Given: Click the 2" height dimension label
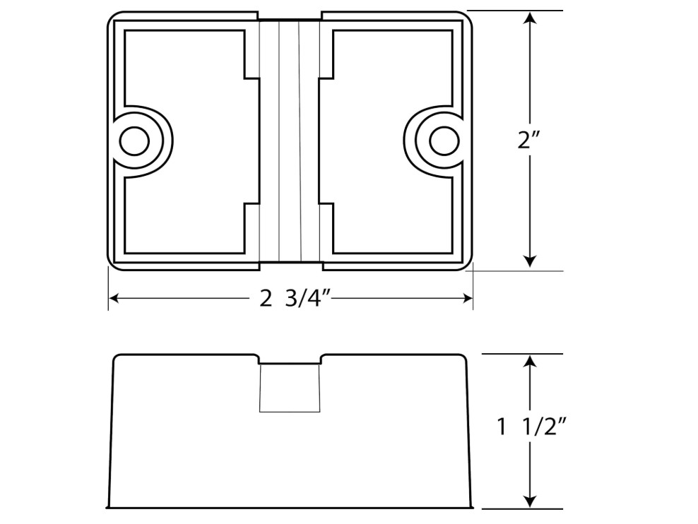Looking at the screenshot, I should tap(529, 140).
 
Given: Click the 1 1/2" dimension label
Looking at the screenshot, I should tap(534, 427).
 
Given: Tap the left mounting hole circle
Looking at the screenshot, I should tap(133, 141).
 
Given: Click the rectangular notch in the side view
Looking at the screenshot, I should tap(290, 387).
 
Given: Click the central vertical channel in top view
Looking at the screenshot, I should tap(290, 140).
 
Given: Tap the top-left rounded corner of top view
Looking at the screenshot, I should tap(114, 18).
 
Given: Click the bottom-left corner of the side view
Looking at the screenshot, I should tap(108, 506).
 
